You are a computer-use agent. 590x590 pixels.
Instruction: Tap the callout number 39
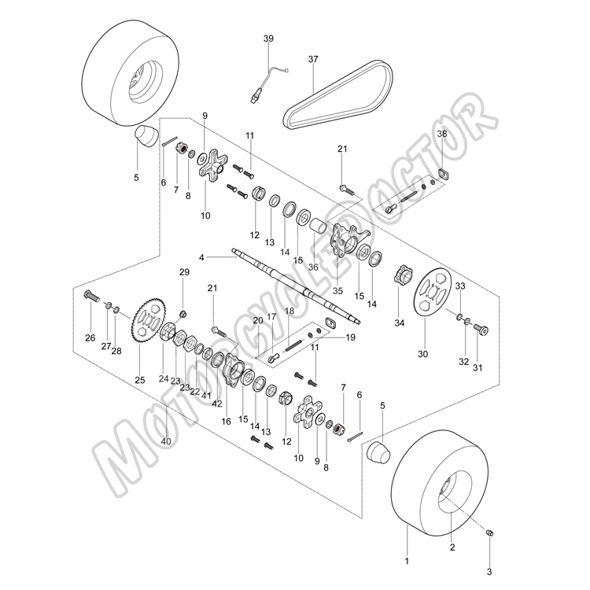268,39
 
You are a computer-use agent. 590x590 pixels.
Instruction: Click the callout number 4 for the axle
201,258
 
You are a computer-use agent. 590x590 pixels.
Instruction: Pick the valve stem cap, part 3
489,533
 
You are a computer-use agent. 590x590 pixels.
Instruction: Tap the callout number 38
442,134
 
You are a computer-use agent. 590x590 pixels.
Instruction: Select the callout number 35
337,291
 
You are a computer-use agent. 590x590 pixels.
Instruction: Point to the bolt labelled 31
481,330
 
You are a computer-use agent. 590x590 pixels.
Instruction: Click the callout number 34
399,323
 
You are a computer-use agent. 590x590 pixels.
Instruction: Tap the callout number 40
165,441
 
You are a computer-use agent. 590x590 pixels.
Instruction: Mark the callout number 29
184,271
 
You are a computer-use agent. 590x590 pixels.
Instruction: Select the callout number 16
226,422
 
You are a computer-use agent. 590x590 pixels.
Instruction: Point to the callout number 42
217,404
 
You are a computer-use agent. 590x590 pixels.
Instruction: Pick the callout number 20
258,321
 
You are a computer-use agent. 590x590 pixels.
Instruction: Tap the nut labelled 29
183,313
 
